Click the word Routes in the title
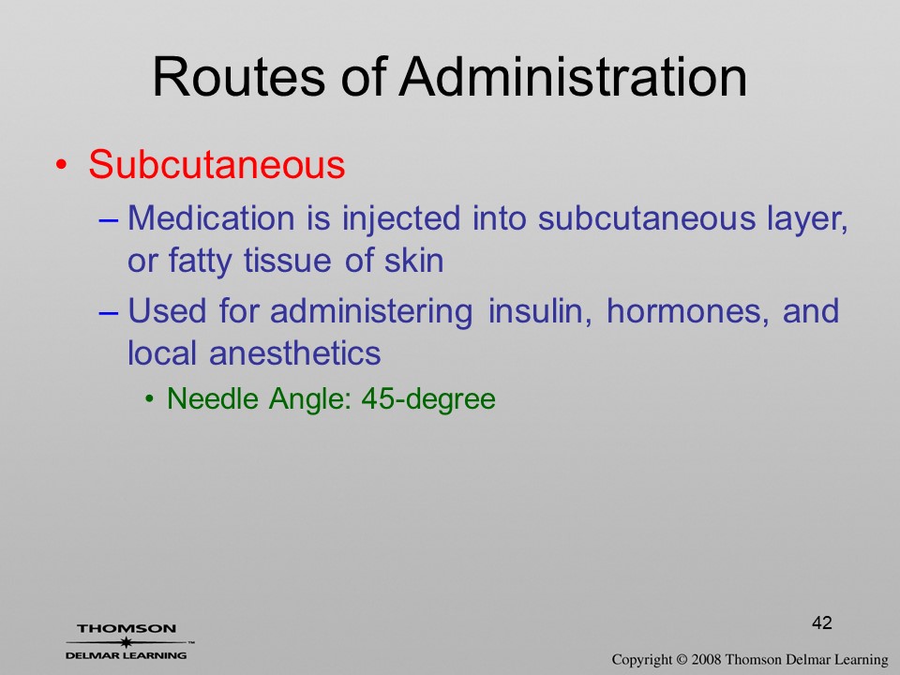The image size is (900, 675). (239, 78)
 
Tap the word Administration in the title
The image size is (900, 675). (574, 78)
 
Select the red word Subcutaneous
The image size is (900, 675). (217, 164)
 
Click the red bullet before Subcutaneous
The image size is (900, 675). (62, 165)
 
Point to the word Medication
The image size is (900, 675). (211, 218)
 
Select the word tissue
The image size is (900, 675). (288, 261)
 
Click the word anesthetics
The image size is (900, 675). (295, 353)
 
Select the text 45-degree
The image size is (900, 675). (428, 399)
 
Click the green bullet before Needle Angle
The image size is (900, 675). (149, 399)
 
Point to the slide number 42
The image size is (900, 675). (822, 622)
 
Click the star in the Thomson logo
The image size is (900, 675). (127, 642)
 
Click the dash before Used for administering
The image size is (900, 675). (109, 313)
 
